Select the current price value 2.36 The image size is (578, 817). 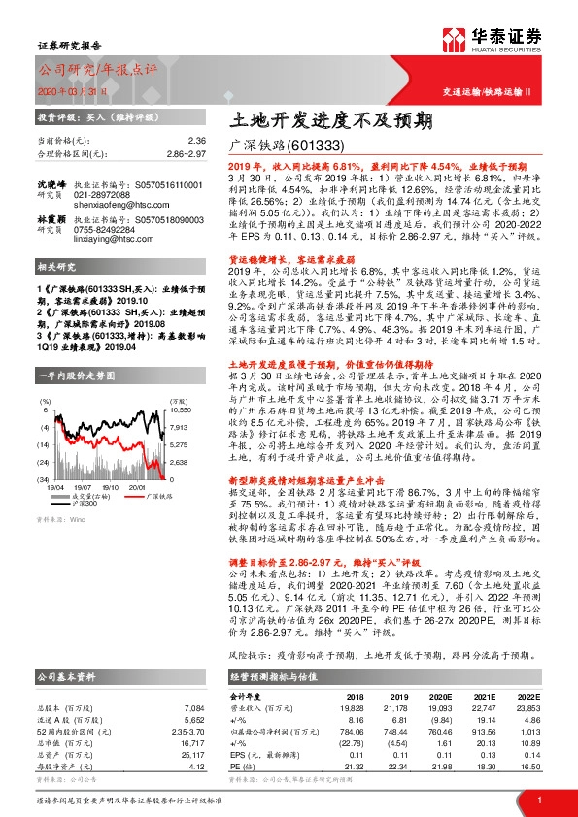tap(197, 140)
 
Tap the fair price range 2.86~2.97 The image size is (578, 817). tap(185, 153)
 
